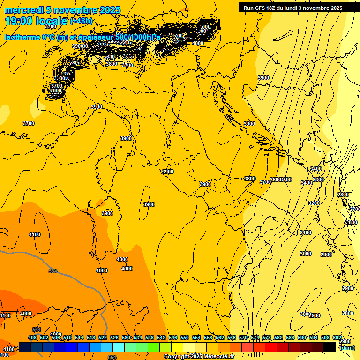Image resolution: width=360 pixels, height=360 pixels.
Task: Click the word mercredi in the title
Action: pos(22,10)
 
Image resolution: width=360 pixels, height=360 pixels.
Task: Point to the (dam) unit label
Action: pos(346,347)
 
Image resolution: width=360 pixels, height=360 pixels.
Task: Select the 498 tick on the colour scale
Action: pos(32,337)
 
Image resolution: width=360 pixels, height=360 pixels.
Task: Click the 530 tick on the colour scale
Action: pos(126,337)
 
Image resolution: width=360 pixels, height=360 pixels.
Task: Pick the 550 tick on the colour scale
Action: pos(185,337)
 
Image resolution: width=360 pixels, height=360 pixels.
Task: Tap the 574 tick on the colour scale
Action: pos(255,337)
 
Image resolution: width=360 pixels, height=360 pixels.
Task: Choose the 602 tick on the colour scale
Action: pos(337,337)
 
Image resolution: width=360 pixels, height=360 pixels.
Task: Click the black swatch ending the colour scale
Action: pos(330,347)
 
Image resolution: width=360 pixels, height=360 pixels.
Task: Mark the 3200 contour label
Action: pos(314,203)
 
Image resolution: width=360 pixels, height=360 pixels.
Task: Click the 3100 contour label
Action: pos(305,232)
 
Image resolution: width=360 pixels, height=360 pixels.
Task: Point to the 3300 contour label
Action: pos(318,180)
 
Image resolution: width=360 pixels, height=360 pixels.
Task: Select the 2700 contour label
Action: pos(354,209)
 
